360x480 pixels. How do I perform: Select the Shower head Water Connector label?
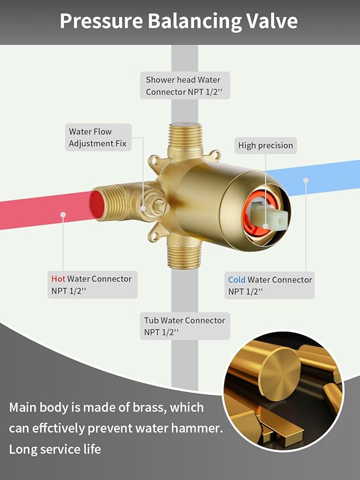point(185,85)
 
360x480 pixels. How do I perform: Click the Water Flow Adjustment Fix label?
point(98,137)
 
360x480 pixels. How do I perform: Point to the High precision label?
point(265,145)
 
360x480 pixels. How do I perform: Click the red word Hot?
point(58,278)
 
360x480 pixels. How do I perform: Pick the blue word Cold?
point(237,280)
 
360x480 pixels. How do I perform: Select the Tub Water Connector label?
point(185,326)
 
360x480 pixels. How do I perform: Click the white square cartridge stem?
point(269,216)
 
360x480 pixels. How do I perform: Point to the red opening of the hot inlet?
point(97,204)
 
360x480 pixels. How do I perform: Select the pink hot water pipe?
point(46,210)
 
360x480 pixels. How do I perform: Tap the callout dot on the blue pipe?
point(306,181)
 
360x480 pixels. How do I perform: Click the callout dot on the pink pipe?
point(63,215)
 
